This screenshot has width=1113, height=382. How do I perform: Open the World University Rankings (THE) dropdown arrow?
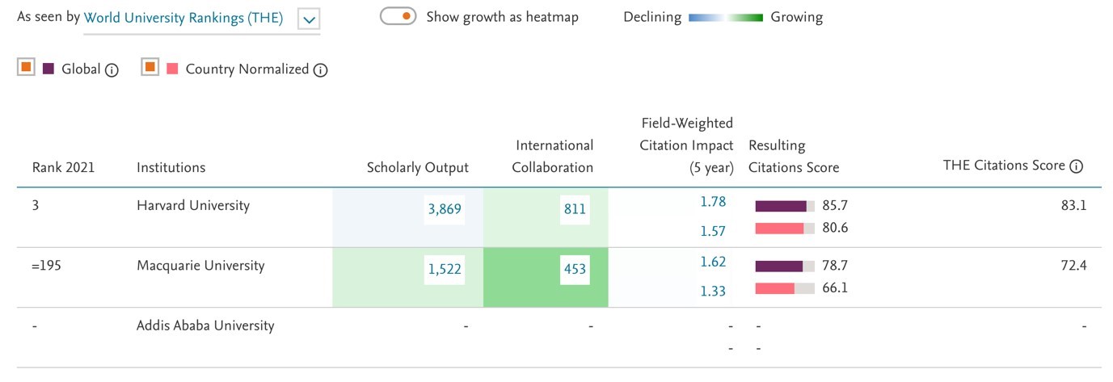tap(309, 19)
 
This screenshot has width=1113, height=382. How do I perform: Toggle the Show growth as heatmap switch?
tap(398, 16)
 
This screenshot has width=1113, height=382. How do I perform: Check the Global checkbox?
tap(27, 68)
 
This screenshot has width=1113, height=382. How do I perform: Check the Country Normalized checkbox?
tap(150, 68)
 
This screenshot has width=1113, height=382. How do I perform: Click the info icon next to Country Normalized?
tap(320, 70)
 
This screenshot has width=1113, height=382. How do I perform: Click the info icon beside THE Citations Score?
tap(1076, 166)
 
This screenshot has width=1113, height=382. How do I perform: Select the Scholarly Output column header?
tap(417, 168)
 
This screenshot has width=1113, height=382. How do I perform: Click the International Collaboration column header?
tap(554, 157)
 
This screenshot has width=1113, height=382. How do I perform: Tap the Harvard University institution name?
tap(193, 206)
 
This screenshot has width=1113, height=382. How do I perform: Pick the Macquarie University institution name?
tap(200, 266)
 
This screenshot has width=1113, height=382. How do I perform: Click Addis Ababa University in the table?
tap(205, 326)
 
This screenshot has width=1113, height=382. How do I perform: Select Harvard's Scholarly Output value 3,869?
tap(444, 210)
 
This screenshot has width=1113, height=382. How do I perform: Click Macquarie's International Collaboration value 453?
tap(575, 270)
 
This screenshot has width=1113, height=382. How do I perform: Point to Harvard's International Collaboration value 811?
tap(575, 210)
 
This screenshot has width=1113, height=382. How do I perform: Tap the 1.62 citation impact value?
tap(713, 262)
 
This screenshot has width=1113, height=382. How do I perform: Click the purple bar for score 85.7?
tap(781, 206)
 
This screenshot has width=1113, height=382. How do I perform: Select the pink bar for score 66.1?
tap(774, 288)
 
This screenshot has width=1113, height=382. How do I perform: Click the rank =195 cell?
tap(46, 266)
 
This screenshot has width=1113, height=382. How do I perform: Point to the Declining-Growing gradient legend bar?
tap(725, 17)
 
